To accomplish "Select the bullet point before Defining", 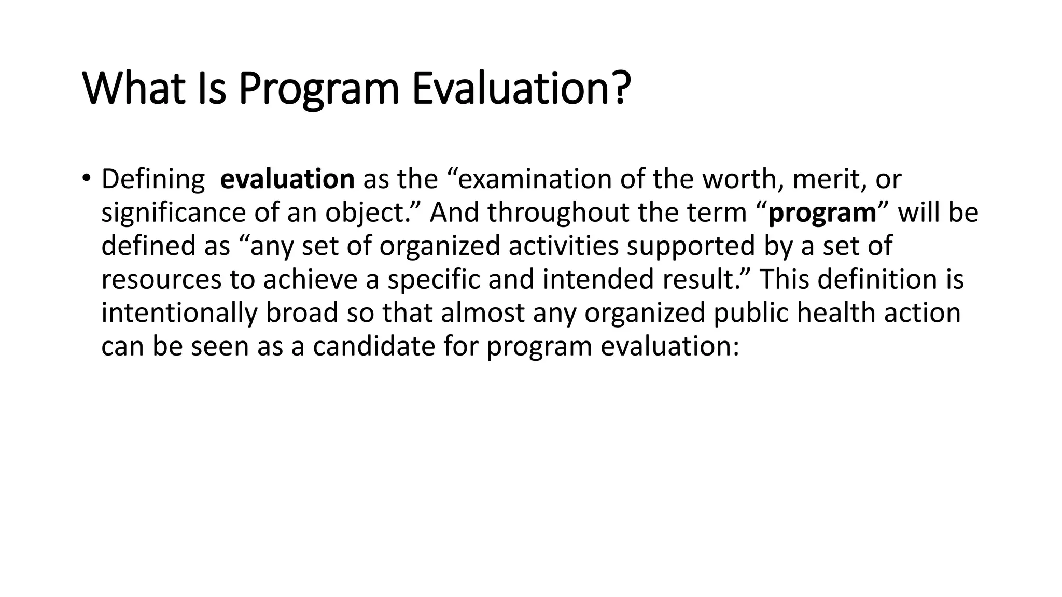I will click(x=86, y=178).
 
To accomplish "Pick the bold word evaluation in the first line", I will click(x=287, y=179).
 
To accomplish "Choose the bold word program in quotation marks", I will click(x=822, y=214).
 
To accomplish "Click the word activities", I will click(x=563, y=246).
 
